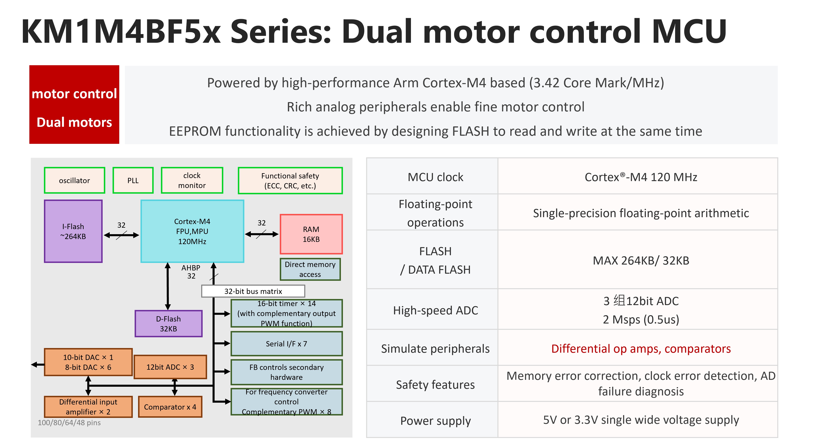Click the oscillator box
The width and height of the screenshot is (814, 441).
[74, 180]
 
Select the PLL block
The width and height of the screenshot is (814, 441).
[133, 180]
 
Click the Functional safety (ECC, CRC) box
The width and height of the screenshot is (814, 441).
[290, 180]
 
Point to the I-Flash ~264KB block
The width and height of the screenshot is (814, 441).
[73, 231]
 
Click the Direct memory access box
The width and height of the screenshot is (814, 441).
[310, 269]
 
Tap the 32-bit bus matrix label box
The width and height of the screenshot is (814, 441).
[253, 291]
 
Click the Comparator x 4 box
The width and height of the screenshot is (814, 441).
[170, 407]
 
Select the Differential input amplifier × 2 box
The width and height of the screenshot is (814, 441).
[88, 407]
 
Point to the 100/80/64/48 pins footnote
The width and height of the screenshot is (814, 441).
[69, 423]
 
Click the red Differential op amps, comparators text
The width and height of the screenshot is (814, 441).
[641, 348]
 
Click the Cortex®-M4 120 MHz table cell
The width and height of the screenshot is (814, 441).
[641, 177]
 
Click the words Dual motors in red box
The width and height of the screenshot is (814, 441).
[74, 122]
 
